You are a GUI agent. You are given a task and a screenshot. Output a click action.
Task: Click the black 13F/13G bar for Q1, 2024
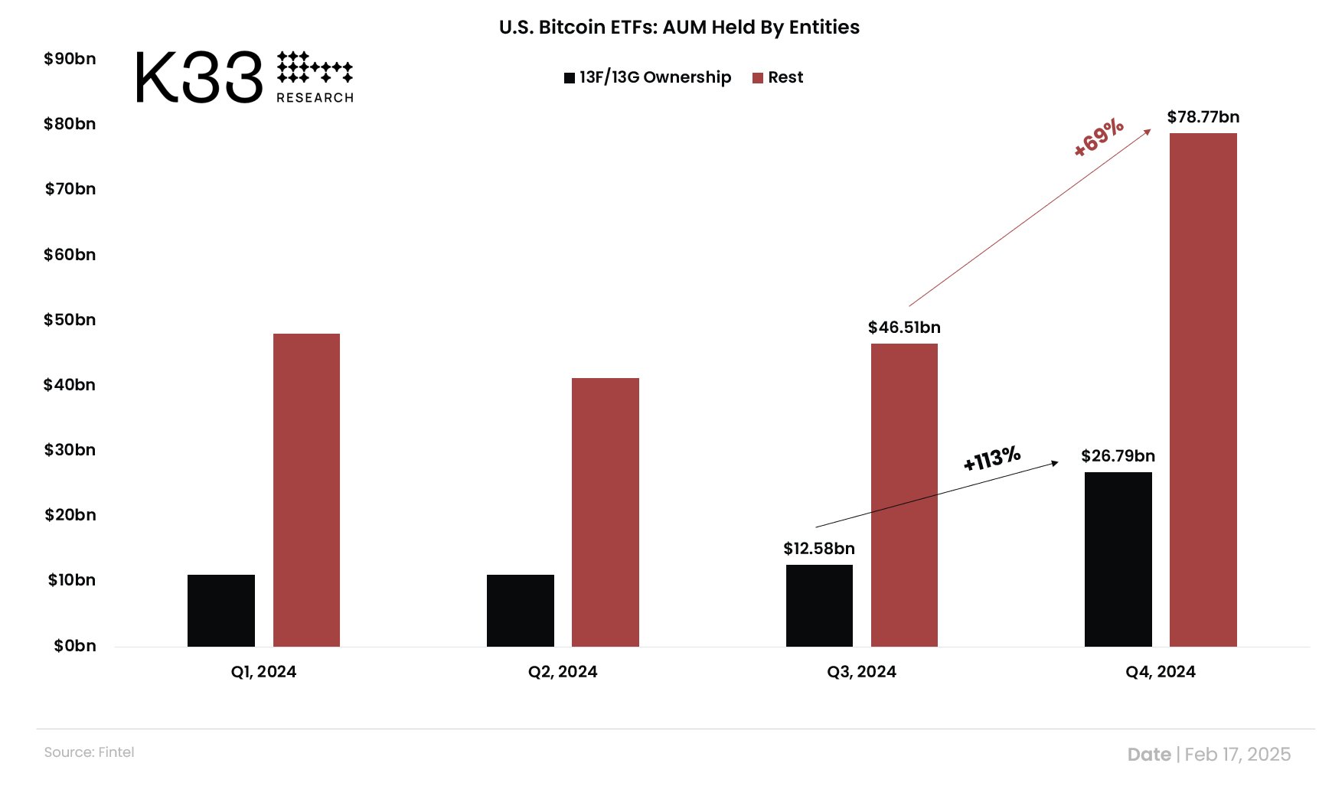(x=220, y=611)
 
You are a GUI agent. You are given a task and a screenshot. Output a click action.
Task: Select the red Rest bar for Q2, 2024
(x=605, y=512)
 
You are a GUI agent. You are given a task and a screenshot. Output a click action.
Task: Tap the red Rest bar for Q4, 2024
(x=1203, y=390)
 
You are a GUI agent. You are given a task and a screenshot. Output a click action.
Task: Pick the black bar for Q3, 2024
(x=819, y=605)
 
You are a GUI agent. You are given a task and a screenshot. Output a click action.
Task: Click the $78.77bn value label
(x=1203, y=117)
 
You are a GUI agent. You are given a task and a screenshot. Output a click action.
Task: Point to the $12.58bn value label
(x=818, y=549)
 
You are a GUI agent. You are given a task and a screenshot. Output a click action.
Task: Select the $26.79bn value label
(x=1118, y=456)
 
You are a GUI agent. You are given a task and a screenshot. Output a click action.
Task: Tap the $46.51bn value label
(x=904, y=328)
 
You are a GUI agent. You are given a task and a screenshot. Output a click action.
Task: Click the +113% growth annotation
(x=992, y=458)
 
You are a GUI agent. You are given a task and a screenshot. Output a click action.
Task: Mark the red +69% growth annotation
(x=1099, y=138)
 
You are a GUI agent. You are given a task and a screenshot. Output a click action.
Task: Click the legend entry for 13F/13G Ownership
(x=648, y=77)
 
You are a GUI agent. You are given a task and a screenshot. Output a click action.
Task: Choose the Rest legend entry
(x=778, y=77)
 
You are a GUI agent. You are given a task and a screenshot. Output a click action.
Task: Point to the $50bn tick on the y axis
(x=70, y=320)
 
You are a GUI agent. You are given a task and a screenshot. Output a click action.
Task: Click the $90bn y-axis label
(x=70, y=59)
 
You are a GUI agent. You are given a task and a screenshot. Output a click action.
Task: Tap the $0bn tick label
(x=75, y=646)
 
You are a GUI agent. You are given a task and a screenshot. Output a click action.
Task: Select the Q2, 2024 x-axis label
(x=563, y=672)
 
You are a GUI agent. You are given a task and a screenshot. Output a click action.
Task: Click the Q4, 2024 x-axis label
(x=1160, y=672)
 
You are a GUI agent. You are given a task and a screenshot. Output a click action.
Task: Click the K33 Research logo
(x=243, y=77)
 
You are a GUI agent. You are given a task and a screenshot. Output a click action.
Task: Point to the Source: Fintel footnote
(x=89, y=752)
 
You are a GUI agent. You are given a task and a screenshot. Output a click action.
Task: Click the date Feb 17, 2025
(x=1237, y=755)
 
